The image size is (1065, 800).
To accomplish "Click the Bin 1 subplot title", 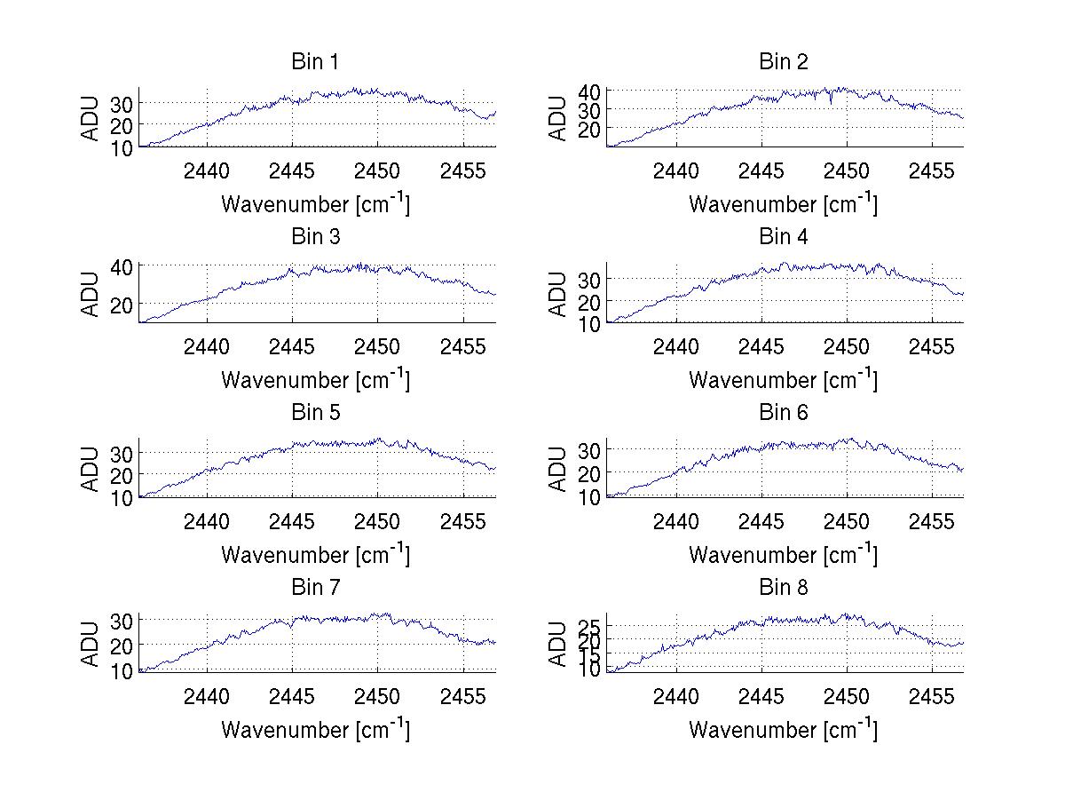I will tap(315, 62).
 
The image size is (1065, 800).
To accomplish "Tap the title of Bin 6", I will tap(784, 413).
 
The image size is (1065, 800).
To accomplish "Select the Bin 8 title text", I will tap(784, 588).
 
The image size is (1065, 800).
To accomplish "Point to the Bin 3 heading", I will tap(315, 237).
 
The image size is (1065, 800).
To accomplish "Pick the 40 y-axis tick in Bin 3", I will tap(122, 265).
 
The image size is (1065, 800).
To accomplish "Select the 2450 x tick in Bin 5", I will tap(377, 520).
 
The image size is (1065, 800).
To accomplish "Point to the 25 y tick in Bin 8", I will tap(590, 627).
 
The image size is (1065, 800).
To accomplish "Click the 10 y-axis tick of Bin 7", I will tap(122, 671).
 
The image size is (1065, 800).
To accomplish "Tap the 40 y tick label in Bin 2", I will tap(590, 91).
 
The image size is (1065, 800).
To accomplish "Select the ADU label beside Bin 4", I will tap(558, 294).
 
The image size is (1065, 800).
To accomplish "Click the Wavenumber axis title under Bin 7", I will tap(315, 729).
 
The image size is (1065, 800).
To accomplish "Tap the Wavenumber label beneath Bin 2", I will tap(783, 203).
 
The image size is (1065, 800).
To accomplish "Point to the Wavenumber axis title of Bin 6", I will tap(783, 554).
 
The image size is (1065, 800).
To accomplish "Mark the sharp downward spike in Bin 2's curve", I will tap(831, 104).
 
